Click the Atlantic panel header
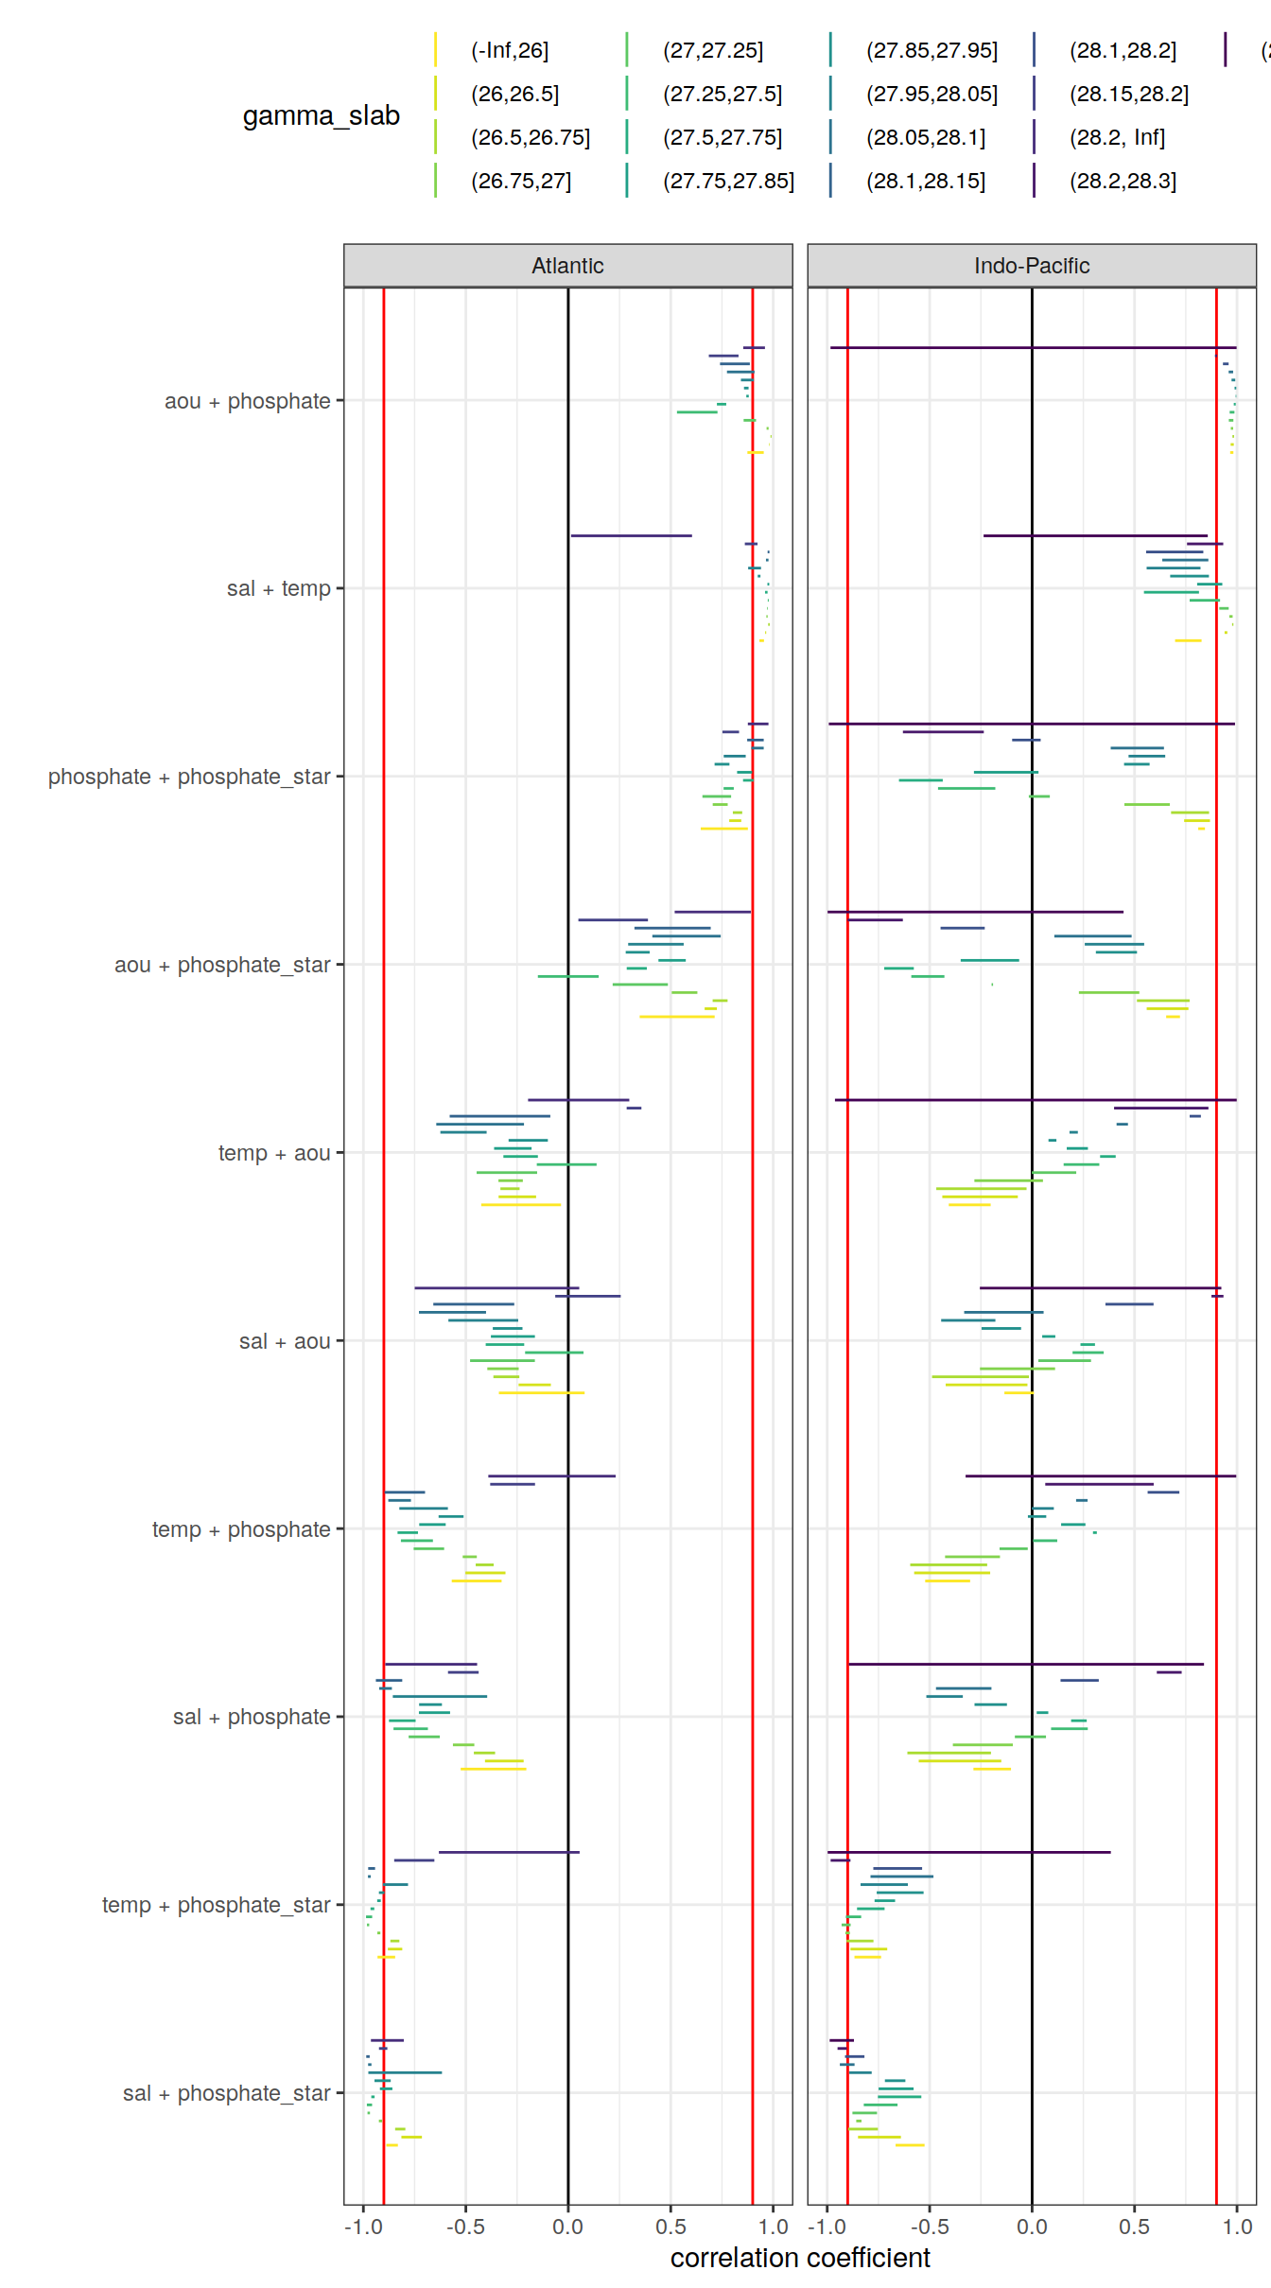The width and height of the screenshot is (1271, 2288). click(567, 266)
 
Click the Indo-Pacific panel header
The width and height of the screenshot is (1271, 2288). click(1031, 266)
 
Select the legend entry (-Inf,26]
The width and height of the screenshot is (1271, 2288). click(509, 50)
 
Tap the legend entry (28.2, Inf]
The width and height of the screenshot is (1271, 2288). click(1117, 137)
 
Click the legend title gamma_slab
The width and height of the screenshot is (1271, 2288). click(321, 115)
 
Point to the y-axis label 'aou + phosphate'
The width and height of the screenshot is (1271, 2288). click(247, 401)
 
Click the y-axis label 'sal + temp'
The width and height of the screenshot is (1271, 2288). click(278, 588)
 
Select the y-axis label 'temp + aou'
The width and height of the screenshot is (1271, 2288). click(273, 1153)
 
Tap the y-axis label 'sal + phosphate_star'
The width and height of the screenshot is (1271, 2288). click(226, 2093)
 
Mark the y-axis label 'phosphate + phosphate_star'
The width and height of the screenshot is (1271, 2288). click(189, 777)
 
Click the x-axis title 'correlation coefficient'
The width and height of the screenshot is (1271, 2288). click(800, 2258)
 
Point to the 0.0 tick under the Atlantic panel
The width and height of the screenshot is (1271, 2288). click(567, 2227)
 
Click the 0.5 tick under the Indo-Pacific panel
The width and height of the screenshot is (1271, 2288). click(1134, 2227)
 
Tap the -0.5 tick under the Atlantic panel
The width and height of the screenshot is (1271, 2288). click(465, 2227)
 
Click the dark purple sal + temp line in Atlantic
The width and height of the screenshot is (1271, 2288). click(631, 535)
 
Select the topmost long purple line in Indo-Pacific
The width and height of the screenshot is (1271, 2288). click(1033, 348)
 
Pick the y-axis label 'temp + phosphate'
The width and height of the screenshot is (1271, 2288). click(241, 1529)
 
